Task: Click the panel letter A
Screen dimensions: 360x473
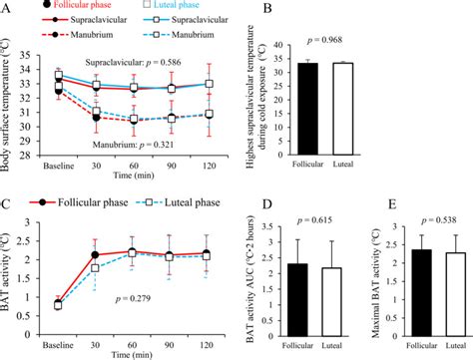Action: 8,8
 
